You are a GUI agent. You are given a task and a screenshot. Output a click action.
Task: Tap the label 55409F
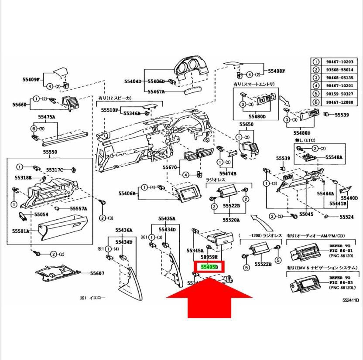tap(31, 79)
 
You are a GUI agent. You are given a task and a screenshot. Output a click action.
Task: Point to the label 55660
tap(20, 105)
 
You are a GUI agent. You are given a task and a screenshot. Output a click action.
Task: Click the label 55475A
tap(46, 117)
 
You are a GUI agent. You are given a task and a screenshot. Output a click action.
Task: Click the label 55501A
tap(21, 231)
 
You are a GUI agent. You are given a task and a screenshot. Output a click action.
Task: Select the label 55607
tap(97, 274)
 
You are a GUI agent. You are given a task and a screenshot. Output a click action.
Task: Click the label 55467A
tap(156, 92)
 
